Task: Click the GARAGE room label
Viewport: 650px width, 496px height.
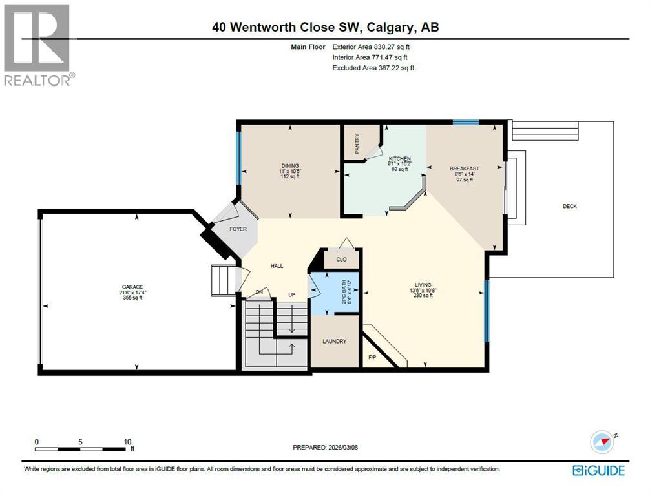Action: [132, 287]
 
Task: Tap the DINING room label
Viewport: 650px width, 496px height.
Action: [289, 166]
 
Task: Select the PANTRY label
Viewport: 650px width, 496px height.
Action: [357, 145]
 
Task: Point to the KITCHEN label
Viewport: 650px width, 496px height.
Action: [399, 159]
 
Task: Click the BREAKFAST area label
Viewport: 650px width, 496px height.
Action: [464, 169]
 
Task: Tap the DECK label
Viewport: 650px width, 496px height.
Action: [569, 207]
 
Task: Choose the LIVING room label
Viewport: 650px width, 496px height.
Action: [423, 284]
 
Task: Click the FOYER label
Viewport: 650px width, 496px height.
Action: [238, 229]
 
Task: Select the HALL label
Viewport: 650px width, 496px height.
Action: [277, 266]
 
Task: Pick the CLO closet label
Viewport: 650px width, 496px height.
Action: [341, 260]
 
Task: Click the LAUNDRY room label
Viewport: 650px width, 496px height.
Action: [335, 342]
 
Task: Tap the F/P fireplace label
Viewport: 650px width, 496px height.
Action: [372, 356]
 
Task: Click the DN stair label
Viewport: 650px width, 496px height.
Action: [260, 293]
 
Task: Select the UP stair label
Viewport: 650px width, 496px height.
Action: [291, 294]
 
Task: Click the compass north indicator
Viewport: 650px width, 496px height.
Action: [601, 442]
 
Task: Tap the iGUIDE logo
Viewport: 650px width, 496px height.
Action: [598, 470]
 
